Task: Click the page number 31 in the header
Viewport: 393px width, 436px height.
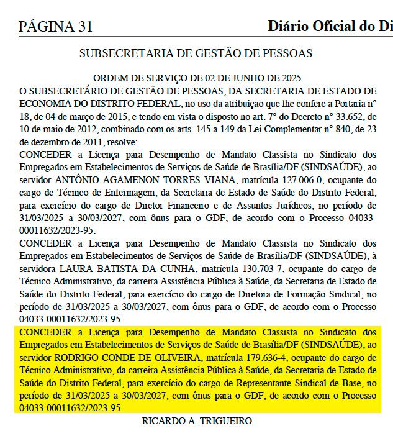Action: pyautogui.click(x=83, y=27)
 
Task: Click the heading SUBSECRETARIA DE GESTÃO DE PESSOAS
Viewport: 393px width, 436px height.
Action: pyautogui.click(x=196, y=53)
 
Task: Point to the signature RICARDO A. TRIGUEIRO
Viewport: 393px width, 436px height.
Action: pyautogui.click(x=197, y=421)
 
